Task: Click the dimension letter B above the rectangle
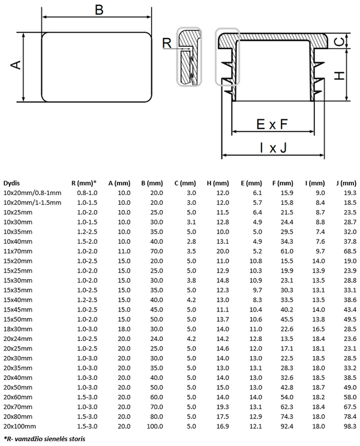[99, 10]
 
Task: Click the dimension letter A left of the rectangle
[16, 65]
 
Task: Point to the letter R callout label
[167, 43]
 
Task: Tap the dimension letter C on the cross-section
[340, 41]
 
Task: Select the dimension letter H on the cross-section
[340, 76]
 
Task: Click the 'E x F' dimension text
[272, 124]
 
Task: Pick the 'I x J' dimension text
[273, 148]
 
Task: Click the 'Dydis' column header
[11, 183]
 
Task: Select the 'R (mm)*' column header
[84, 183]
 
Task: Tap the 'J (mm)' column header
[346, 183]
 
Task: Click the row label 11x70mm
[18, 251]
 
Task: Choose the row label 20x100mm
[20, 426]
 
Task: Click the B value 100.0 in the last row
[155, 426]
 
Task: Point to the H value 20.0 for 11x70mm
[223, 251]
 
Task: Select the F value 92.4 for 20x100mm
[287, 426]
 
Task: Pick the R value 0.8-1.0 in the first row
[87, 193]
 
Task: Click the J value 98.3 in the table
[350, 426]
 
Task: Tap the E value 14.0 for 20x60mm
[256, 397]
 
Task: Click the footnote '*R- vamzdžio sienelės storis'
[44, 439]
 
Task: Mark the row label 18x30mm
[18, 329]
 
